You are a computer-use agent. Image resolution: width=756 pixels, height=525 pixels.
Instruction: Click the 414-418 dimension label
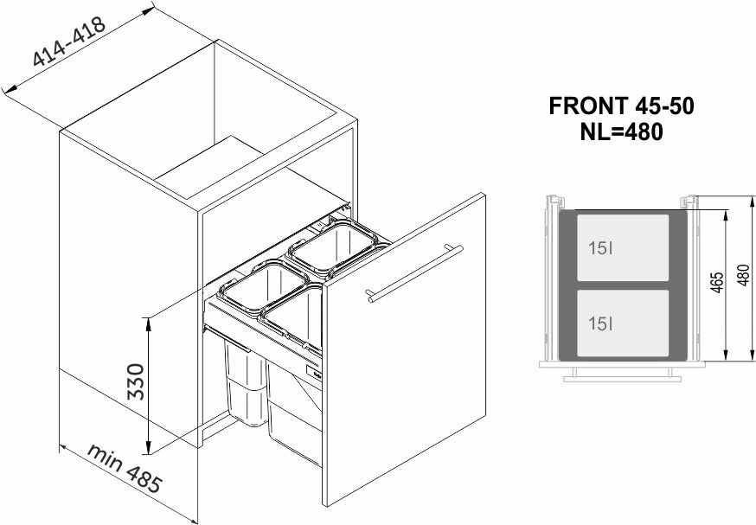[69, 42]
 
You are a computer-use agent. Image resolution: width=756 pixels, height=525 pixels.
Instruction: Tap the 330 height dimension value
[136, 381]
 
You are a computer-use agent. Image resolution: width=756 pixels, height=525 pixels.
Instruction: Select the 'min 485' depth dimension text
[124, 468]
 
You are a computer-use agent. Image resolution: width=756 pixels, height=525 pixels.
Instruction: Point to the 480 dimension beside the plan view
[744, 275]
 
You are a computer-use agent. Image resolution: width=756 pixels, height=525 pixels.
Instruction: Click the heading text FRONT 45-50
[621, 106]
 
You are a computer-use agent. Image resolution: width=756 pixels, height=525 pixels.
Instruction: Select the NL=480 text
[621, 131]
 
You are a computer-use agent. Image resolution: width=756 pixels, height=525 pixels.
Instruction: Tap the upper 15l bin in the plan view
[623, 247]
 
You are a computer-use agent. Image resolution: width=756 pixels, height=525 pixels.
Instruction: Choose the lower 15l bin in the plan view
[623, 323]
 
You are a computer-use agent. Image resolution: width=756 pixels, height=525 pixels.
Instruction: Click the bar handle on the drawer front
[413, 273]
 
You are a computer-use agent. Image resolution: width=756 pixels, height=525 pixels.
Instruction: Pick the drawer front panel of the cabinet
[404, 349]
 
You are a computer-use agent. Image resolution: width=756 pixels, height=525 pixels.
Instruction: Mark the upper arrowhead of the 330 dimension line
[149, 324]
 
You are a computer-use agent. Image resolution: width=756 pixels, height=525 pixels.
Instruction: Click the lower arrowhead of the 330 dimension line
[149, 447]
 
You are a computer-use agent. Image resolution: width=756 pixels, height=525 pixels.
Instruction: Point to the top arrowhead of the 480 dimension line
[752, 202]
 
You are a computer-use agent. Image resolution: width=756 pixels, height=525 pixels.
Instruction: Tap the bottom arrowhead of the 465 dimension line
[725, 355]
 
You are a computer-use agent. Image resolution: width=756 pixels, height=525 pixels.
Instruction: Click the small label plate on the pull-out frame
[314, 373]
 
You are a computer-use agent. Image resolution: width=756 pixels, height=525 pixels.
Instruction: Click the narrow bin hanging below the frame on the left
[245, 382]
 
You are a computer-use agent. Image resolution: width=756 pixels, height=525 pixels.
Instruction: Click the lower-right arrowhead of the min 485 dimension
[191, 520]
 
